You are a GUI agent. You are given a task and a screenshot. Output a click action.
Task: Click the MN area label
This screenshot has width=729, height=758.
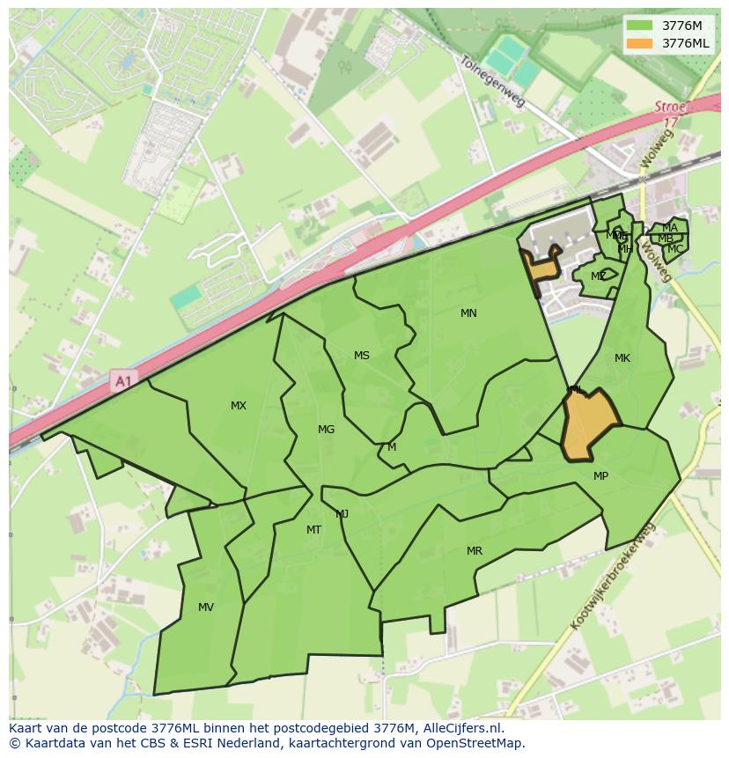[468, 313]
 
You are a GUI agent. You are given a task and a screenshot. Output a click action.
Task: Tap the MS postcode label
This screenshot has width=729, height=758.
[362, 356]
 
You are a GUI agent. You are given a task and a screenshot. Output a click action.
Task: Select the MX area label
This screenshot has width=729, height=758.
[239, 406]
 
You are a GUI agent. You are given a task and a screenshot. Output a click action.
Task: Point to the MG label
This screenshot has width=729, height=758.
[326, 430]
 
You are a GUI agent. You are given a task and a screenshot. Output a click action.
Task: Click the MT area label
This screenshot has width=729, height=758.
[313, 530]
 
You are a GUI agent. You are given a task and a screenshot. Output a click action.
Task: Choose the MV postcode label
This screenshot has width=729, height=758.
[206, 607]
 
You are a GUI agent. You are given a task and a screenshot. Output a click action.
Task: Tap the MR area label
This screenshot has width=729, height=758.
[475, 551]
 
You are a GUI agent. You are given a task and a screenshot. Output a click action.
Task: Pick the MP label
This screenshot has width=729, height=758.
[600, 476]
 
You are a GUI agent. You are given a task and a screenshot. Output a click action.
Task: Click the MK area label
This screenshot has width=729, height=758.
[622, 358]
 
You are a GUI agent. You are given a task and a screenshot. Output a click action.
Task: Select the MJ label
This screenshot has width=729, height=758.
[342, 514]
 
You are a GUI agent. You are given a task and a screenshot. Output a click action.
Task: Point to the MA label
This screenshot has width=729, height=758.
[670, 228]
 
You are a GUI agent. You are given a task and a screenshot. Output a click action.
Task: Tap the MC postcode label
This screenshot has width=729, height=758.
[675, 249]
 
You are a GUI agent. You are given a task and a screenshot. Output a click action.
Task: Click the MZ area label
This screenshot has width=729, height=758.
[599, 276]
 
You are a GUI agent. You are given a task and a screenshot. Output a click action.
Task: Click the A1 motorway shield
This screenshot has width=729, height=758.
[122, 381]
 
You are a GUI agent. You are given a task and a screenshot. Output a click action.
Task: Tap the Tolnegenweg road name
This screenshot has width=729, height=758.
[492, 82]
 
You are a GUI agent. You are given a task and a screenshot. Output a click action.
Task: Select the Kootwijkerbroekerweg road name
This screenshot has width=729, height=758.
[614, 577]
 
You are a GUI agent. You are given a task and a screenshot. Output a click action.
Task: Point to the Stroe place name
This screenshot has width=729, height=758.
[670, 107]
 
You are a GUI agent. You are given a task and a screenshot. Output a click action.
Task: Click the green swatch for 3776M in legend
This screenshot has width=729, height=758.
[640, 26]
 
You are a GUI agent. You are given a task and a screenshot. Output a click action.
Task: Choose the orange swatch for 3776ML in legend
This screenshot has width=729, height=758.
[640, 43]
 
